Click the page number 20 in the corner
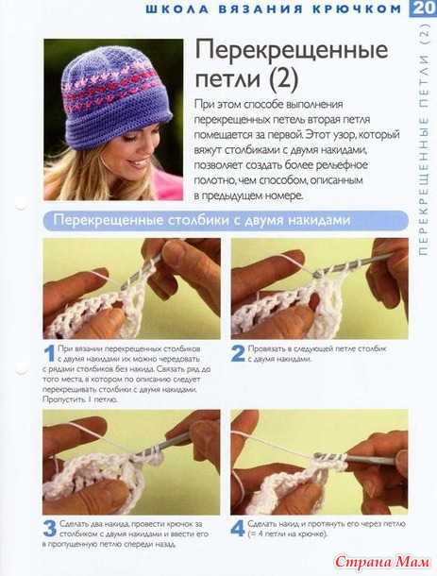424,8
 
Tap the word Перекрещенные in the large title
292,50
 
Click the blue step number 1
50,354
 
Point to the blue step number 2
238,353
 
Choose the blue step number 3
50,529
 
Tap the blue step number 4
238,529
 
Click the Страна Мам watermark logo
382,562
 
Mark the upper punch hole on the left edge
20,203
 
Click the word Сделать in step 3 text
74,524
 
